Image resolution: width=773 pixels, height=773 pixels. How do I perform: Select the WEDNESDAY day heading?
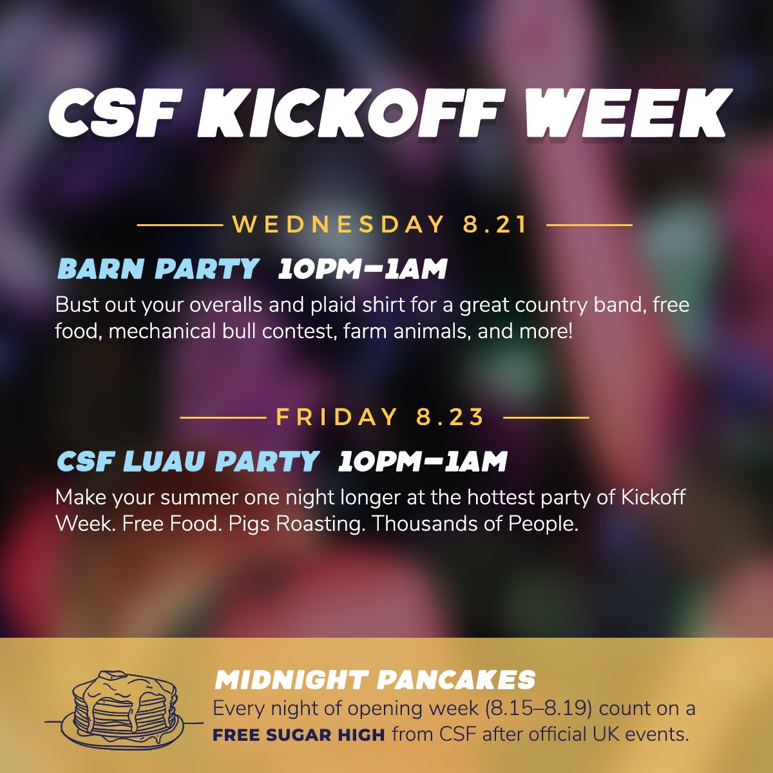[339, 224]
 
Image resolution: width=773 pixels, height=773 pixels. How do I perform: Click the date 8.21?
[495, 224]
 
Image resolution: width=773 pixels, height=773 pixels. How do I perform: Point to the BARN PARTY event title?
[158, 269]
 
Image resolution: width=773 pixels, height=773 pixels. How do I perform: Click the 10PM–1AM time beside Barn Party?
[363, 269]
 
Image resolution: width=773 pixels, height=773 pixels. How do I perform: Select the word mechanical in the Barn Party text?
[162, 331]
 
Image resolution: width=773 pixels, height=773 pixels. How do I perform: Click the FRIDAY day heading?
[336, 417]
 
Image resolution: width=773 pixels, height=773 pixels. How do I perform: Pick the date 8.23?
[450, 417]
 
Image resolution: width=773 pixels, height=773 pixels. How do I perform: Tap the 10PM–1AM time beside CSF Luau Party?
[423, 461]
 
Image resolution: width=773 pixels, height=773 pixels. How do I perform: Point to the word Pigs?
[249, 524]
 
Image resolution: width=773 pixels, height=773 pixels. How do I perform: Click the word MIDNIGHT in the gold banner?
[292, 680]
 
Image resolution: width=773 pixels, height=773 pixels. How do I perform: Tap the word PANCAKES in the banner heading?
[456, 680]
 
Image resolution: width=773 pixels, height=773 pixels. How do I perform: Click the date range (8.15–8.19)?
[539, 709]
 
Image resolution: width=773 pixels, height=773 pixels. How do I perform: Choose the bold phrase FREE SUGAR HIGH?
[299, 735]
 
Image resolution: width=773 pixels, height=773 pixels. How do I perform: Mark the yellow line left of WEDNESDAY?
[180, 225]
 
